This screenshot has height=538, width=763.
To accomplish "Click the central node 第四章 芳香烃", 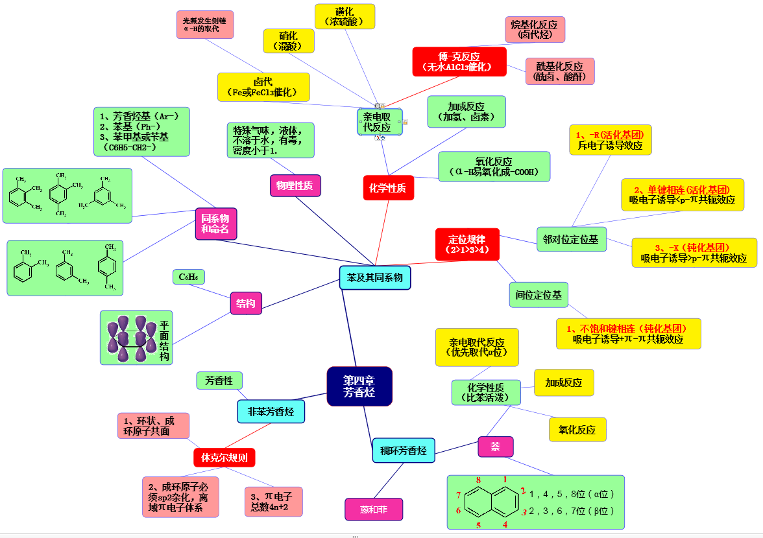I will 359,386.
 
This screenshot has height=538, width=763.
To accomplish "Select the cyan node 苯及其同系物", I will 374,277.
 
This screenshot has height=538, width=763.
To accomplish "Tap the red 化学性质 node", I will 388,188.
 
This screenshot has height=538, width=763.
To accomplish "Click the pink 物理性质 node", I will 295,185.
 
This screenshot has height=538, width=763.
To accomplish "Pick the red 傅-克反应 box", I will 459,61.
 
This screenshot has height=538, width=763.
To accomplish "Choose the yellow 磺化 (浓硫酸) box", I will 345,16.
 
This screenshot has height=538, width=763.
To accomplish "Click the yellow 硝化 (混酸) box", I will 289,40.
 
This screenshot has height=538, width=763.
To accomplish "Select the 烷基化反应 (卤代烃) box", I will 534,29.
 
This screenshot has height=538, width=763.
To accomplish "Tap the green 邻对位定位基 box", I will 570,239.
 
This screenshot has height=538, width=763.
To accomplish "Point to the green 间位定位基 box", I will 538,294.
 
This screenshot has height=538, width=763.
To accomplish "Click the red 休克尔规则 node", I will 224,458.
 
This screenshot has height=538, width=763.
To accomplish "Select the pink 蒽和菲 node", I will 373,509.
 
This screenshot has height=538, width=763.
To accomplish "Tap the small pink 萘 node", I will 495,447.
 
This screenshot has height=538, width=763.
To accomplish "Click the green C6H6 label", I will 189,277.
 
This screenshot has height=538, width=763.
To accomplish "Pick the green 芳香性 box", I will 219,380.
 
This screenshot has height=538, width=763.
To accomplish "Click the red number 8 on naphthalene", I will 478,480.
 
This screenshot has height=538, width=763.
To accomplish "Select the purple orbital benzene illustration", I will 132,337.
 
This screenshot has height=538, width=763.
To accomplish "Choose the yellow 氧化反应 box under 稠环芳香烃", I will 577,429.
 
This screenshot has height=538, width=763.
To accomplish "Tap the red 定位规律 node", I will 467,243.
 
